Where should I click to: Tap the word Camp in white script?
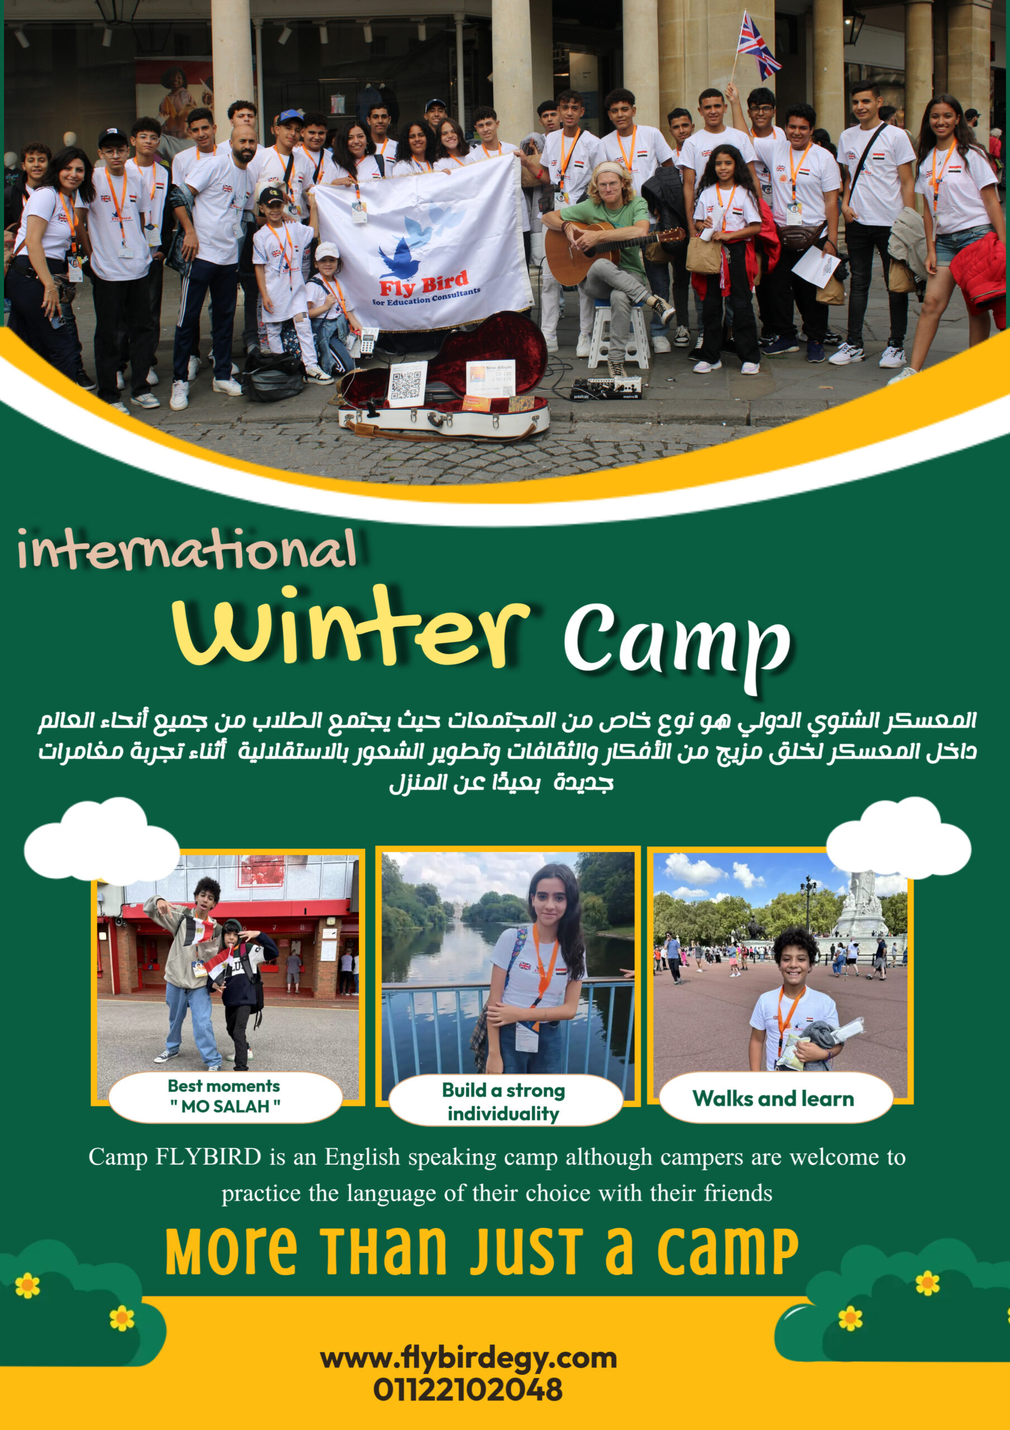[x=677, y=648]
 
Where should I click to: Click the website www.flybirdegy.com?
[x=468, y=1358]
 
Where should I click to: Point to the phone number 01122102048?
[x=468, y=1390]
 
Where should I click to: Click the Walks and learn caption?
[x=773, y=1098]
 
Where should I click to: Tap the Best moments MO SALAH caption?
[x=224, y=1095]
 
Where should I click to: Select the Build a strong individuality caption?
[x=503, y=1101]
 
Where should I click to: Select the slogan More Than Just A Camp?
[x=481, y=1251]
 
